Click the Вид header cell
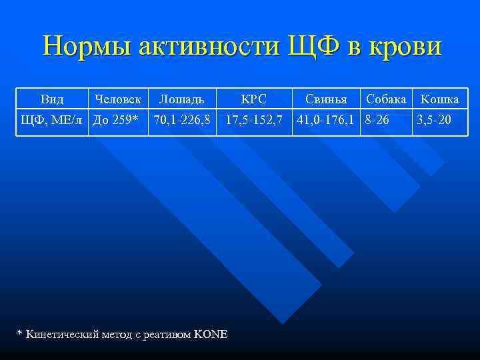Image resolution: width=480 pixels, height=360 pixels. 52,99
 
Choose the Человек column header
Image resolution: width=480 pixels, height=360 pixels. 118,99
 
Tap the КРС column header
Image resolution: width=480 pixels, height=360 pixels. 253,99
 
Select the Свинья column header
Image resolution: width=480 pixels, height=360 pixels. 326,99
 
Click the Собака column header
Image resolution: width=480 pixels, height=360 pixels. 386,99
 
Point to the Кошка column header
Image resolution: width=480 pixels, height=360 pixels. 438,99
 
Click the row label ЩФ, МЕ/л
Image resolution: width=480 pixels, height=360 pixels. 53,121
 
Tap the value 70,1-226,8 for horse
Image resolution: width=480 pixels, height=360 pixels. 182,121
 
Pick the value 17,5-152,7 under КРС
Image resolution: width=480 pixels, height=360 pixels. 254,121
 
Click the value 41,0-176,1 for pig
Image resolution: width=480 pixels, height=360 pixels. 326,121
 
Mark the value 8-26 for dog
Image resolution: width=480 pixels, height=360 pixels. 377,121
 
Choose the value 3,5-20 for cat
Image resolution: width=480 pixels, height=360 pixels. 434,121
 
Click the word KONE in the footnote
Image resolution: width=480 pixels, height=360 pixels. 211,333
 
